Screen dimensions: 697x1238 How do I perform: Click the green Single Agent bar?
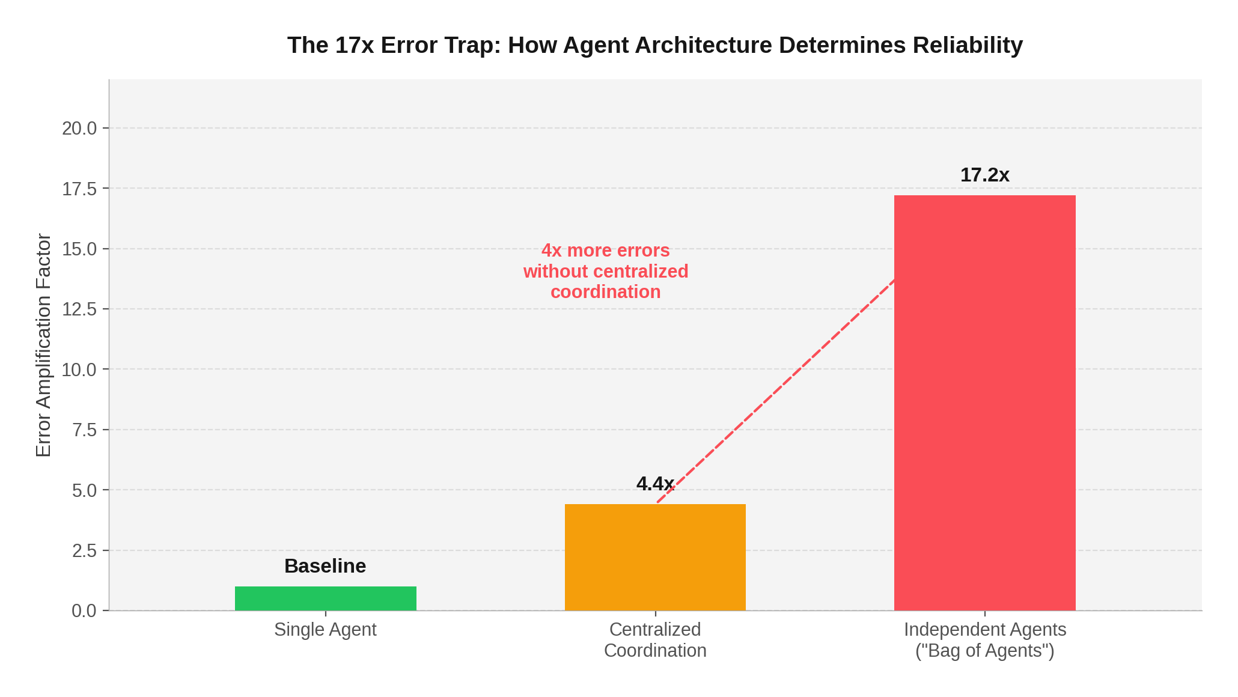tap(325, 598)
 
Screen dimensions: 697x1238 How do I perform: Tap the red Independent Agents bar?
tap(984, 403)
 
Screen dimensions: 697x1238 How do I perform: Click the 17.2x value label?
tap(984, 175)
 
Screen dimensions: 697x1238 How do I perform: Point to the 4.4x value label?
tap(654, 484)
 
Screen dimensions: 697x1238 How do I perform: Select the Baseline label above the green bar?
tap(325, 566)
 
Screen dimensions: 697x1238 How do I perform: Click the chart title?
tap(655, 46)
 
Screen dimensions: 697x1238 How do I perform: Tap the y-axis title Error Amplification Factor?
tap(44, 345)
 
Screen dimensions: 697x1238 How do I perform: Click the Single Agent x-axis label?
tap(325, 630)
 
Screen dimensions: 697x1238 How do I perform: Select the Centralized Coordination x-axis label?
tap(655, 640)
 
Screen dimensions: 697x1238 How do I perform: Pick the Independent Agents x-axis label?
tap(984, 640)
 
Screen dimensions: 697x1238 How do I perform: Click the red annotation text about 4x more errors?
tap(606, 271)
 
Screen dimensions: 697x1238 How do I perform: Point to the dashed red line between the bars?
tap(775, 391)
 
